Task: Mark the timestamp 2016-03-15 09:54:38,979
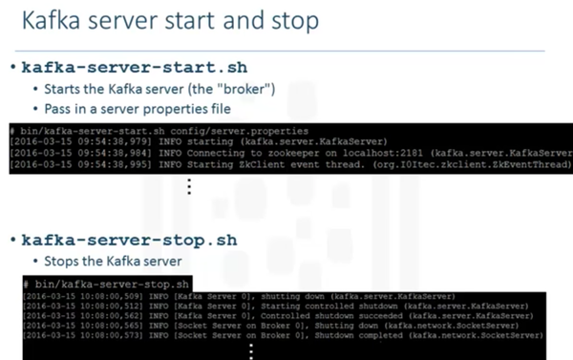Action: pos(63,139)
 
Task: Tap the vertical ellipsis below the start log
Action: pos(190,186)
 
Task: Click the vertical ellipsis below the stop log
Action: pos(252,351)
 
